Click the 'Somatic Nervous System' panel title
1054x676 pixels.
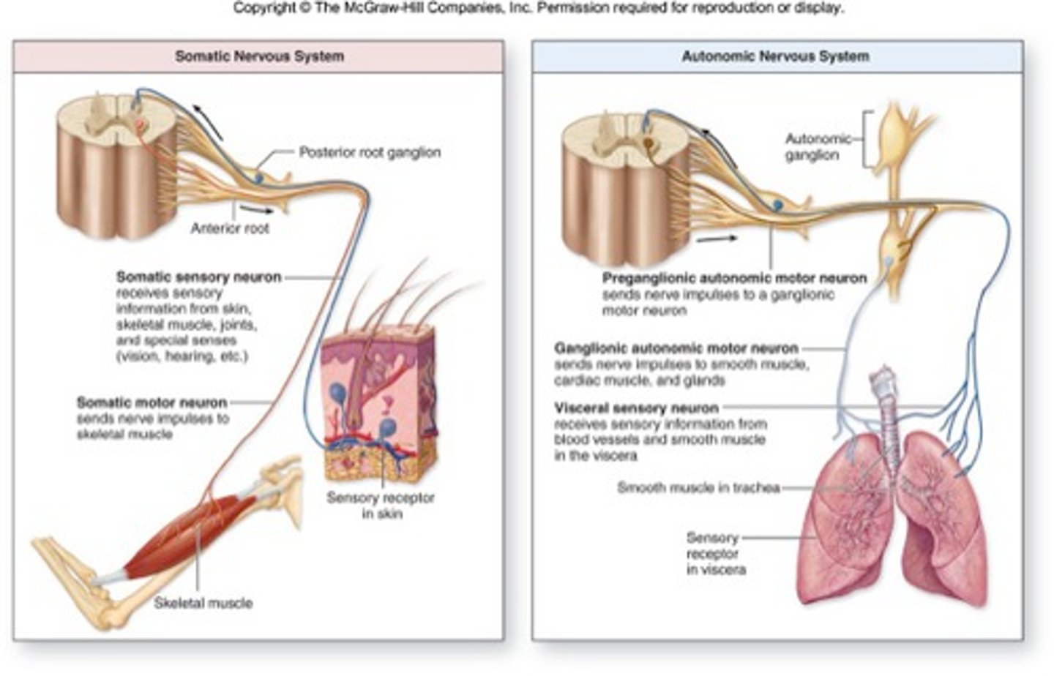click(x=259, y=56)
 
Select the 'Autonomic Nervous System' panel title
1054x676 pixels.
click(x=775, y=56)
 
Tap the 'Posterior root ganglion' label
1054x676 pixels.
click(x=370, y=152)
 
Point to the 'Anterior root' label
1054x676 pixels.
click(x=230, y=228)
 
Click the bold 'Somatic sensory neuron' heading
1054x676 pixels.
click(x=198, y=277)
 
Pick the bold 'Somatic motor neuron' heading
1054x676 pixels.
click(x=152, y=402)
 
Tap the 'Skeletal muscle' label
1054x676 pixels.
click(x=203, y=604)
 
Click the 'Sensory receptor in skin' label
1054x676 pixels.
click(x=380, y=506)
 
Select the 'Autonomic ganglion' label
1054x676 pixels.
click(x=818, y=146)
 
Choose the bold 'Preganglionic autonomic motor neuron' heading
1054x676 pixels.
click(x=734, y=279)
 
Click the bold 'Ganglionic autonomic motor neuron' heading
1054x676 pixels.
click(x=676, y=349)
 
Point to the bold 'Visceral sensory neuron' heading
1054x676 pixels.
click(x=636, y=408)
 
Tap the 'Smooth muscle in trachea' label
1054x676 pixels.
click(x=698, y=488)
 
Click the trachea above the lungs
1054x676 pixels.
click(x=888, y=410)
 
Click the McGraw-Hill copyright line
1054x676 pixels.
click(x=538, y=9)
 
